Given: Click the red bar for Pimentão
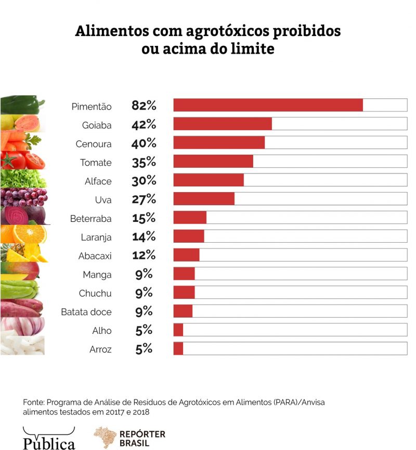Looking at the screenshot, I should (x=268, y=105).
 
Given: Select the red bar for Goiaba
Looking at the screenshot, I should (x=223, y=124).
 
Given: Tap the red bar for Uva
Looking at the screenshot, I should (x=204, y=199).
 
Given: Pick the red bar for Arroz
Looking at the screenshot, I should (x=178, y=348).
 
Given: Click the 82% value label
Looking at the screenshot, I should (x=144, y=105).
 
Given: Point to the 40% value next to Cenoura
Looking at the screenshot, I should (x=144, y=143).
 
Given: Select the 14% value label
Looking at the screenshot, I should (x=144, y=236).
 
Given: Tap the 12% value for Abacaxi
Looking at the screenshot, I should (x=144, y=255).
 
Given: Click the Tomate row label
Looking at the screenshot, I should (x=96, y=162).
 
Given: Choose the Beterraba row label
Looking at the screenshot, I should (x=91, y=219).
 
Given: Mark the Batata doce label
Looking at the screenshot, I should (x=86, y=312).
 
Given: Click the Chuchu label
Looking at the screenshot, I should (x=95, y=293).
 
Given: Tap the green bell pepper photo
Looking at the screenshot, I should (x=23, y=105).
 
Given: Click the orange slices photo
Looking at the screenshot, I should (x=23, y=234).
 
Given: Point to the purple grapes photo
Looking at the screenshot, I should (x=23, y=197).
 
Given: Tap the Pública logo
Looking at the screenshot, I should (x=49, y=439).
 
